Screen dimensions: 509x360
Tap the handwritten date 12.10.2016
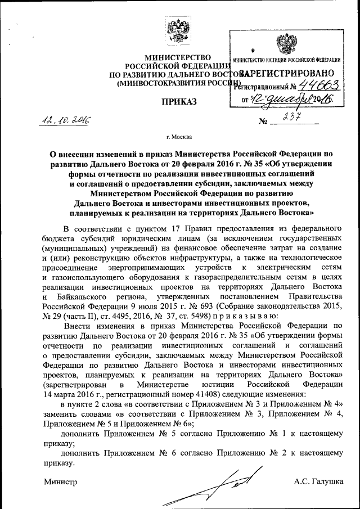(x=65, y=120)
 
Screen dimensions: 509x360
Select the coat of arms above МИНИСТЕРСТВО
(x=179, y=31)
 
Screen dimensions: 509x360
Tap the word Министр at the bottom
(x=61, y=481)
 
